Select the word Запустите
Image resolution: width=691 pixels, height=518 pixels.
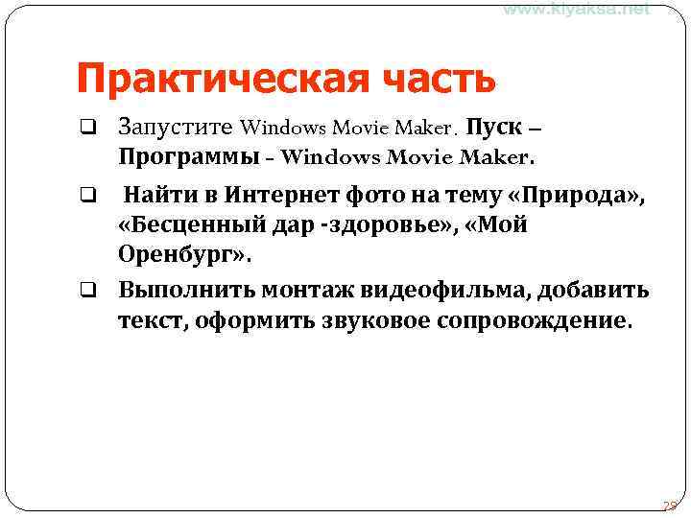pos(177,127)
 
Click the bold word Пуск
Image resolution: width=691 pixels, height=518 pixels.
pos(495,127)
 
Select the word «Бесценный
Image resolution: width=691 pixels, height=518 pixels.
pos(200,227)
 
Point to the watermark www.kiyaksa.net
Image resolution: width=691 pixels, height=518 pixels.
pos(576,9)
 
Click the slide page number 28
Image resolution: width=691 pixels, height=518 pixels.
pos(670,506)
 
